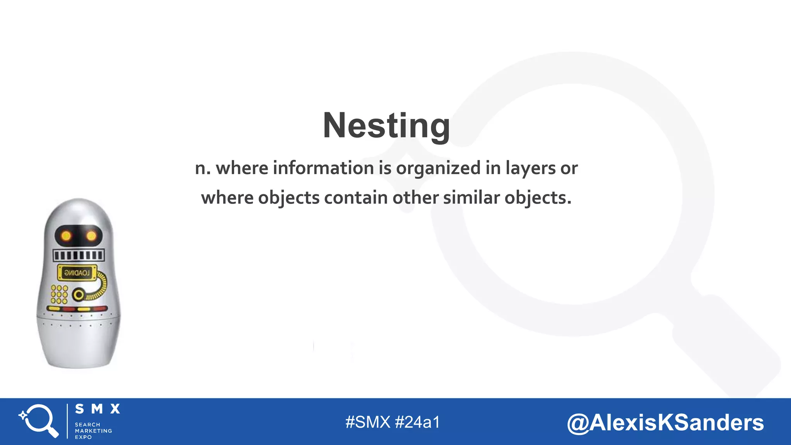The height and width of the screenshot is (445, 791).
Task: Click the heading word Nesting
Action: tap(386, 126)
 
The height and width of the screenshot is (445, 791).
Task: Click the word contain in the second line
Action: tap(356, 198)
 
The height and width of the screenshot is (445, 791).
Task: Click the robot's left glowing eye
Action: tap(66, 236)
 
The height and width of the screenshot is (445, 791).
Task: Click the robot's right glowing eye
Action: tap(92, 236)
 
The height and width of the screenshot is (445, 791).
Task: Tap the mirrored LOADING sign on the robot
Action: tap(77, 273)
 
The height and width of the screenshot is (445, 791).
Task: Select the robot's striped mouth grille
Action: tap(78, 255)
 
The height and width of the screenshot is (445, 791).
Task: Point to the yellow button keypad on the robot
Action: tap(59, 294)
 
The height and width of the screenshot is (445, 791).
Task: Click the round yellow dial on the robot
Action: tap(79, 295)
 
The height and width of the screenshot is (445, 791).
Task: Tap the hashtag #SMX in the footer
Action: tap(368, 422)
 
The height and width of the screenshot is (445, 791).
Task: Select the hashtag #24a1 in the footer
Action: tap(418, 422)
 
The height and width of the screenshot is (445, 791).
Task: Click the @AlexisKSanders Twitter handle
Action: tap(665, 422)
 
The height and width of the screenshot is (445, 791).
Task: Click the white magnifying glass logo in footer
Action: tap(39, 420)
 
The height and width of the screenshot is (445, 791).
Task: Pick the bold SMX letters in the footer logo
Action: tap(97, 409)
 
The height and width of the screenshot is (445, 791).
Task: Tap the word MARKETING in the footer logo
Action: tap(93, 431)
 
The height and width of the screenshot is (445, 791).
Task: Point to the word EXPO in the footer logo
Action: tap(83, 437)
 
